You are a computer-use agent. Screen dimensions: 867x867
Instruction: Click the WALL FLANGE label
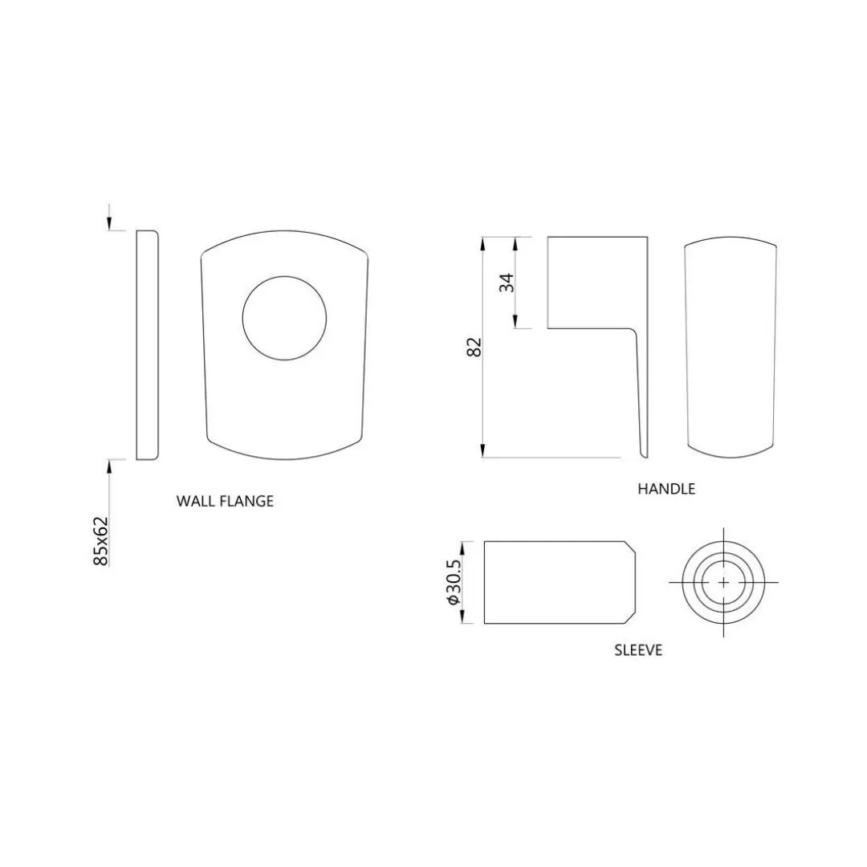[x=225, y=501]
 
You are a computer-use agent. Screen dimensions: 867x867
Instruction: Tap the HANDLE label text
[x=666, y=489]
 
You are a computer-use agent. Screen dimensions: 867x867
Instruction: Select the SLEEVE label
[x=638, y=649]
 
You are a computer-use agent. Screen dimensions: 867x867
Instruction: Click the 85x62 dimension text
[x=100, y=541]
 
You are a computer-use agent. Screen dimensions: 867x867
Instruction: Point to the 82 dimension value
[x=475, y=348]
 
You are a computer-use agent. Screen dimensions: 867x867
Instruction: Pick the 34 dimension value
[x=507, y=283]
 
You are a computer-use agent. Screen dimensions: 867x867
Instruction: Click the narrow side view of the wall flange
[x=148, y=345]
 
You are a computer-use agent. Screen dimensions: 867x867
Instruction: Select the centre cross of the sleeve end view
[x=724, y=582]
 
